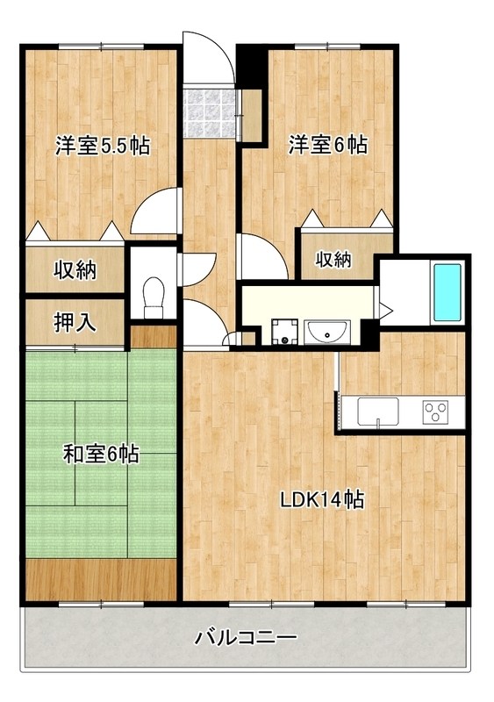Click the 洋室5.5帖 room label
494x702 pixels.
click(102, 146)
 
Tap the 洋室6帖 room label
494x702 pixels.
click(328, 145)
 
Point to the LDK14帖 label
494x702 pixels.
click(322, 500)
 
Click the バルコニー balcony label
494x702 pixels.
click(247, 637)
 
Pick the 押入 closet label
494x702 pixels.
click(76, 323)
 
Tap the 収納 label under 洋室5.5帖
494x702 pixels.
click(76, 269)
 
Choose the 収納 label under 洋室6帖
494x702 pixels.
click(333, 260)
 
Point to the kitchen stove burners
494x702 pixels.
click(435, 410)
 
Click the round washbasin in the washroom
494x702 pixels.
click(327, 331)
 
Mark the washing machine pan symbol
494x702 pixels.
click(284, 332)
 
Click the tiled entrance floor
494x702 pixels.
click(211, 111)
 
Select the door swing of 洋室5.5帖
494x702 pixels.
click(159, 213)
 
